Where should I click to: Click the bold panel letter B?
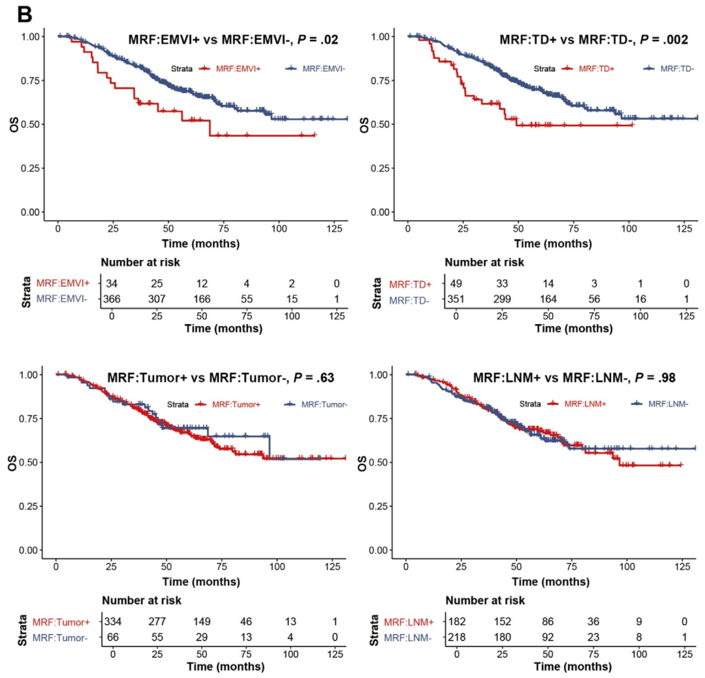tap(25, 14)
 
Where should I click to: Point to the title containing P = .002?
tap(593, 40)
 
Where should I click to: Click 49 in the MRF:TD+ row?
tap(456, 284)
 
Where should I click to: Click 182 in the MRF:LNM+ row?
tap(456, 622)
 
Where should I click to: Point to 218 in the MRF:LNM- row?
tap(456, 635)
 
